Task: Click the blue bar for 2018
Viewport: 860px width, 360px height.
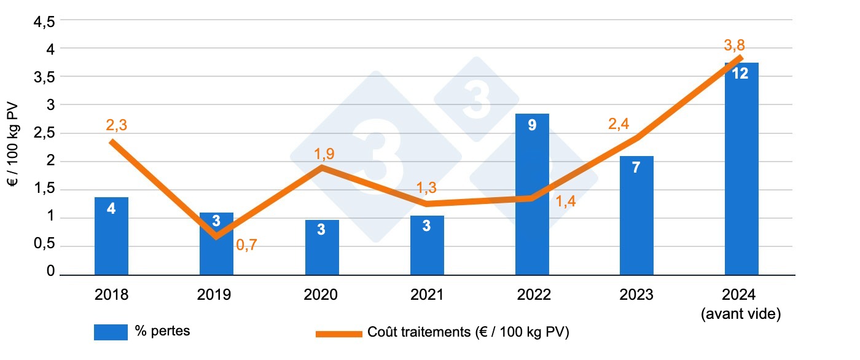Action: [x=111, y=237]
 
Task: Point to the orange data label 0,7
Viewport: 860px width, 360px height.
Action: [x=248, y=246]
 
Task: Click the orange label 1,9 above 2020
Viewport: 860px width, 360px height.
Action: [x=324, y=153]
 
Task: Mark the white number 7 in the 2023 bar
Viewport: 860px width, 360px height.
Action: [x=636, y=168]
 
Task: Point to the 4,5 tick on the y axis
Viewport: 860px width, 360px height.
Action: [x=44, y=22]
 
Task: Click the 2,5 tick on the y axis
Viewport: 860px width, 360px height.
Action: [x=44, y=133]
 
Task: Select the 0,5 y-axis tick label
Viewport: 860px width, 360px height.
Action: [x=44, y=245]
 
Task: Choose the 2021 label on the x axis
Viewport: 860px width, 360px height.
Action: [x=427, y=295]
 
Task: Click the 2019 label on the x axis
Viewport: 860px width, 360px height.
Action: [x=214, y=295]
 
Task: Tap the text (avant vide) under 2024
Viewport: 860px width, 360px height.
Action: [x=741, y=315]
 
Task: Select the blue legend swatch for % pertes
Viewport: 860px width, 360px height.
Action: [x=111, y=332]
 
